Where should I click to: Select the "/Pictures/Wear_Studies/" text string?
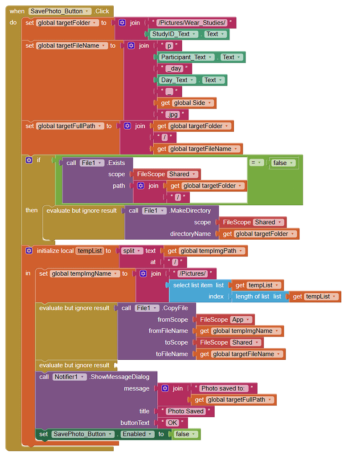click(194, 23)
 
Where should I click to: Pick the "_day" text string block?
click(174, 69)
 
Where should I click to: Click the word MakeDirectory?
click(190, 211)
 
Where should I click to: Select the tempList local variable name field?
click(90, 251)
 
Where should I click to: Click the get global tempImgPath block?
click(205, 251)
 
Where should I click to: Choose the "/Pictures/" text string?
click(192, 273)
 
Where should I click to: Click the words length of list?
click(252, 297)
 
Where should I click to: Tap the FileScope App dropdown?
click(241, 320)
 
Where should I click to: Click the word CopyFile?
click(175, 308)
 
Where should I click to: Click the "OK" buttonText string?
click(172, 423)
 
